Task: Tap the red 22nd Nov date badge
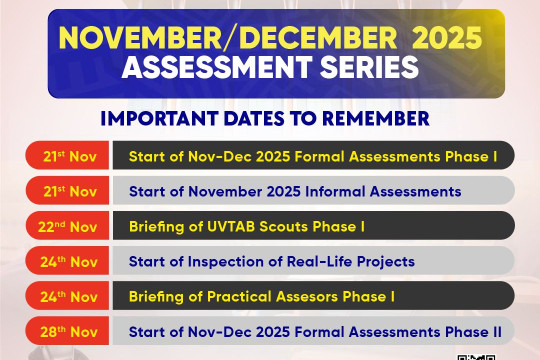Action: pyautogui.click(x=70, y=226)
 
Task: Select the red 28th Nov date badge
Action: pyautogui.click(x=70, y=331)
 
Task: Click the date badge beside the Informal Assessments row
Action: pyautogui.click(x=70, y=191)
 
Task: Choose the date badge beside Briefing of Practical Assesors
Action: pyautogui.click(x=70, y=296)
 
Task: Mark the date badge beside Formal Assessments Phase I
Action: pyautogui.click(x=70, y=156)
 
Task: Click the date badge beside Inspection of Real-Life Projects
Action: pyautogui.click(x=70, y=262)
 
